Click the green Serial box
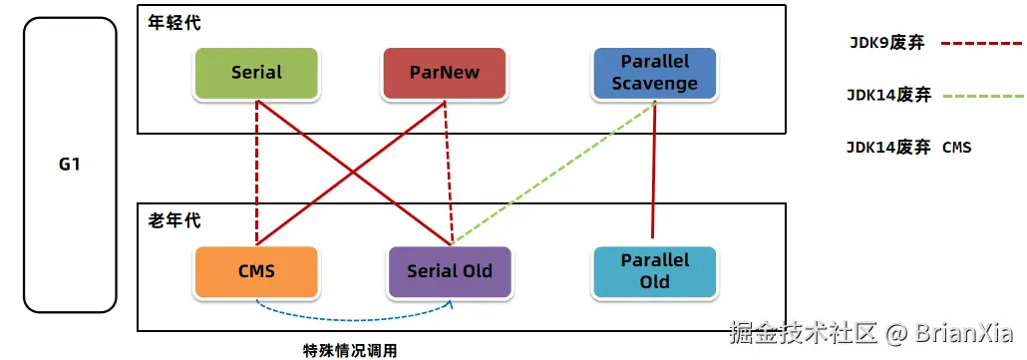pyautogui.click(x=257, y=73)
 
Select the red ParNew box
pyautogui.click(x=444, y=73)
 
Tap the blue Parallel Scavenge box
pyautogui.click(x=655, y=73)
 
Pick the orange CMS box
pyautogui.click(x=257, y=271)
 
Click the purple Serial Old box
pyautogui.click(x=450, y=271)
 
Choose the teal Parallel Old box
pyautogui.click(x=655, y=271)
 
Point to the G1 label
pyautogui.click(x=70, y=165)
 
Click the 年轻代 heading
pyautogui.click(x=174, y=23)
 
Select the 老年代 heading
pyautogui.click(x=174, y=220)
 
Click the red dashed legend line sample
pyautogui.click(x=982, y=45)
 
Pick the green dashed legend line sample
pyautogui.click(x=984, y=97)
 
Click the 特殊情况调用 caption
pyautogui.click(x=350, y=350)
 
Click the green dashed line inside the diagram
pyautogui.click(x=553, y=173)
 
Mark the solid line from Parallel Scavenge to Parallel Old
pyautogui.click(x=654, y=170)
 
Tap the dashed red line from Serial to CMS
pyautogui.click(x=257, y=173)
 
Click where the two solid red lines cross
pyautogui.click(x=353, y=173)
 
